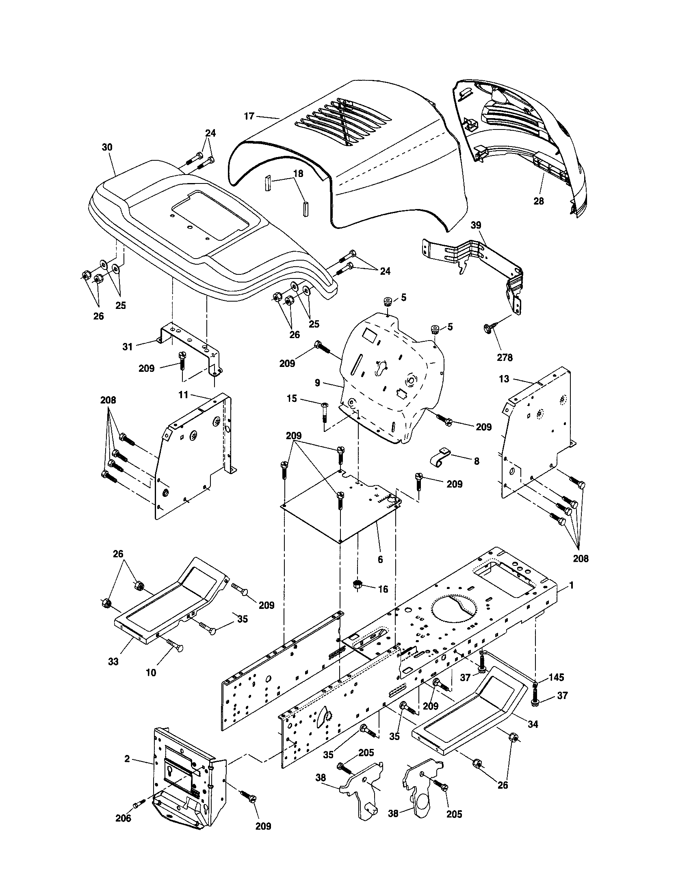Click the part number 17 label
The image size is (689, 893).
pos(249,116)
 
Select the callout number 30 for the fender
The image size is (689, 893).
pos(107,147)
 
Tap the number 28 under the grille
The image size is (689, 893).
pos(539,201)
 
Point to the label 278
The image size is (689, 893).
pos(505,357)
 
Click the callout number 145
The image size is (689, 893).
pos(556,677)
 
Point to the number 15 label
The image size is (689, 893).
pos(292,398)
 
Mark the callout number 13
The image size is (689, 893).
pos(504,379)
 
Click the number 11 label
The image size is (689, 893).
pos(183,395)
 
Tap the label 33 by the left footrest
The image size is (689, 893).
pos(113,661)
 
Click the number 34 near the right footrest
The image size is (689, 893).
pos(533,725)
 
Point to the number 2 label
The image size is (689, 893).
pos(127,759)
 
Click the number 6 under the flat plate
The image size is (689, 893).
pos(380,559)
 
